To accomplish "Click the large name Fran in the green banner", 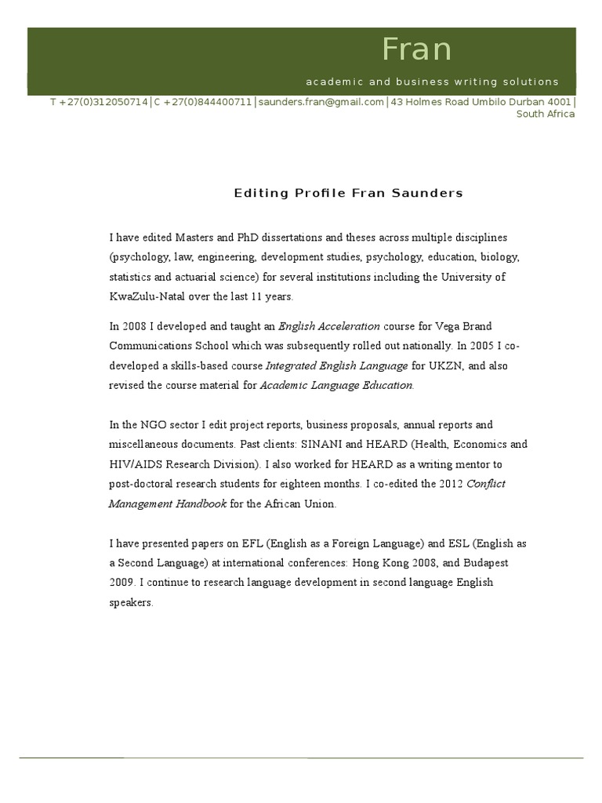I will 416,49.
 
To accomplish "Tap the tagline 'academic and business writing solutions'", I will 432,82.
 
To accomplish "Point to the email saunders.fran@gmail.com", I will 321,102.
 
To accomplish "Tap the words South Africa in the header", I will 545,114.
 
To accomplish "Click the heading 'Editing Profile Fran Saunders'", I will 348,193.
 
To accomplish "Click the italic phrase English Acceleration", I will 329,325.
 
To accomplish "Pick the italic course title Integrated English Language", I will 337,365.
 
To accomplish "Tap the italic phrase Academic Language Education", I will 335,385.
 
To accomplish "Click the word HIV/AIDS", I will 134,463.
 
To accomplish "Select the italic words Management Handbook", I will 167,503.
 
